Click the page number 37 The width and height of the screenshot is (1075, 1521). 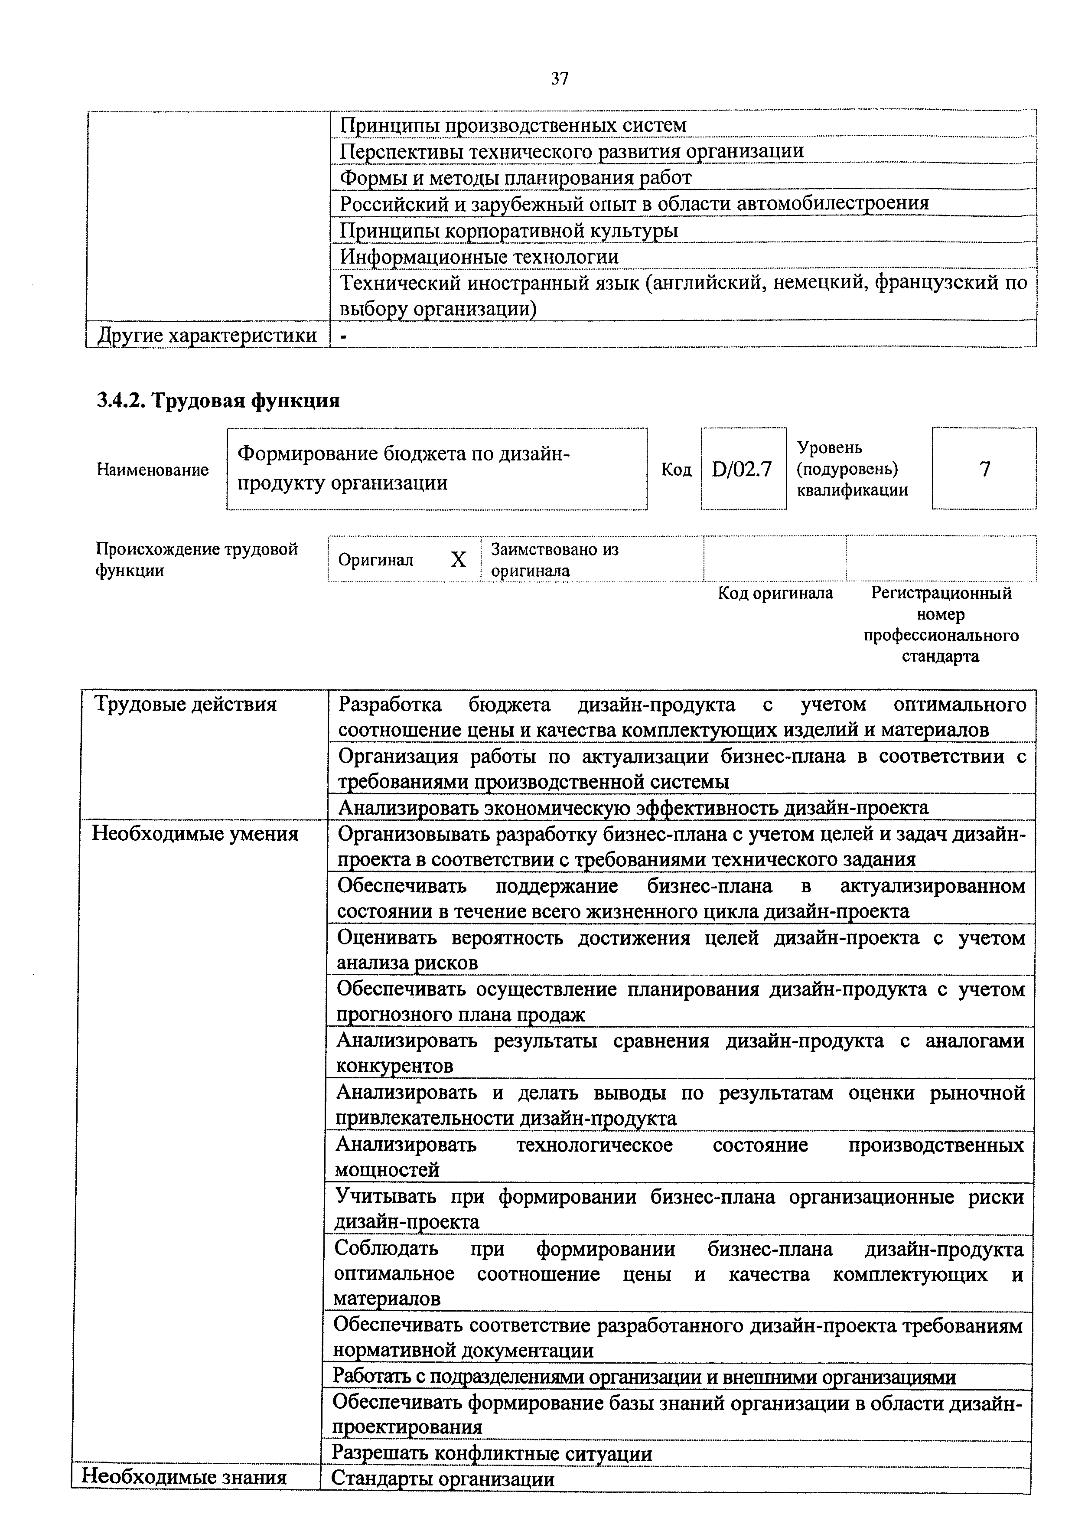coord(559,79)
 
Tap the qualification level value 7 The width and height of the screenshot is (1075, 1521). coord(984,469)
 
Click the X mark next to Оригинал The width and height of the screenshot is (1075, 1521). coord(458,560)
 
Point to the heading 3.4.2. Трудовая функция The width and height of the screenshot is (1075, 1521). coord(218,400)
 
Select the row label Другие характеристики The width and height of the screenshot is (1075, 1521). coord(207,335)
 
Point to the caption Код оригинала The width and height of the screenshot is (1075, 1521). coord(775,593)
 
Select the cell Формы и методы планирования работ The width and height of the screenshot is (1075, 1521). coord(515,177)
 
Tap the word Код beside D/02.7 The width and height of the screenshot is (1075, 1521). coord(676,470)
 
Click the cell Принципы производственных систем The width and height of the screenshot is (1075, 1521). coord(513,124)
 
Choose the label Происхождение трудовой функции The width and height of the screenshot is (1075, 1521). coord(197,559)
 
